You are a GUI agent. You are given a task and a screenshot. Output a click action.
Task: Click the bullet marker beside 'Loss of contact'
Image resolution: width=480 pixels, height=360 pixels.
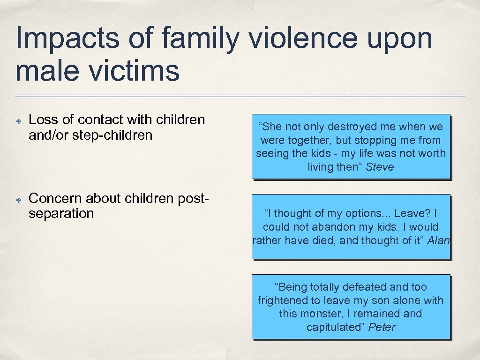[18, 121]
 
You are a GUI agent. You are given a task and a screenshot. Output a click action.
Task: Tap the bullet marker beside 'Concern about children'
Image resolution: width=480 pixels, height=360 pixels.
[18, 200]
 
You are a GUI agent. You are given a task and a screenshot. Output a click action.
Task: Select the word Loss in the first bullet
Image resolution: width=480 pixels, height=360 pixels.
[43, 120]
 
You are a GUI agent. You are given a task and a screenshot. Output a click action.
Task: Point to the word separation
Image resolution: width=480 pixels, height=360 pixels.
[61, 214]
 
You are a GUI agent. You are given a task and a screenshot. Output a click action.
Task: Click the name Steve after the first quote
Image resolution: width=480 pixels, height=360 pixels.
[380, 167]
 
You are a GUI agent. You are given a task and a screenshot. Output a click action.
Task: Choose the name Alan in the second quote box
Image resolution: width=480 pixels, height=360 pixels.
[438, 241]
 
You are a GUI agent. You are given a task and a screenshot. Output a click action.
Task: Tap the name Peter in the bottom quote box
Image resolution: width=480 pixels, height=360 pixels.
[382, 327]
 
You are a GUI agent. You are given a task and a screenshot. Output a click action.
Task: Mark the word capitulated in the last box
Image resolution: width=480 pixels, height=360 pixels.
[336, 327]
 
